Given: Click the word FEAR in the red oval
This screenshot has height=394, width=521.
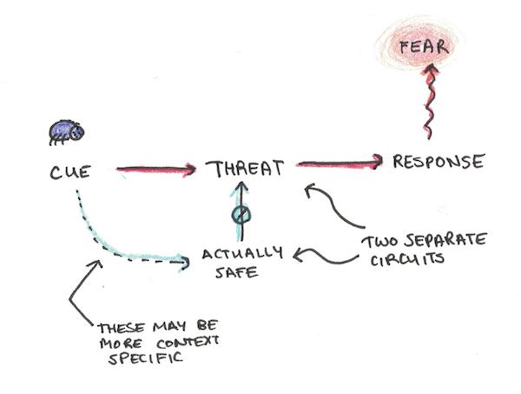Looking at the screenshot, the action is click(x=424, y=47).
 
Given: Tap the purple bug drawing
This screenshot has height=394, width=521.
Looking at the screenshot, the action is click(x=66, y=132).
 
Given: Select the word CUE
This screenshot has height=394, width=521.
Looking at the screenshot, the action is click(x=70, y=172).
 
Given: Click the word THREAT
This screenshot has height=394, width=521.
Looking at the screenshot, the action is click(x=245, y=169).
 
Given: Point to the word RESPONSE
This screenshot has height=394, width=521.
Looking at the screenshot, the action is click(x=439, y=162).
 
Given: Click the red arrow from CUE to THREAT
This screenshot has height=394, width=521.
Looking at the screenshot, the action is click(x=156, y=170).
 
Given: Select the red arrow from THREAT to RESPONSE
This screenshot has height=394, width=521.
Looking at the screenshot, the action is click(x=339, y=163).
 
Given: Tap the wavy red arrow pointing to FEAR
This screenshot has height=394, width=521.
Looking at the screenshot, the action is click(x=429, y=100).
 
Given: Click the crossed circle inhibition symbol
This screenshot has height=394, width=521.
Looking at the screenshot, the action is click(x=241, y=215).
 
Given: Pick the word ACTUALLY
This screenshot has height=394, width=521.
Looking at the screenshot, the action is click(x=242, y=254).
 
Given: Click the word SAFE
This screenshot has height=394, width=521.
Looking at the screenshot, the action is click(x=236, y=272).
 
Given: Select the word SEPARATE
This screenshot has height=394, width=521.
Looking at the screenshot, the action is click(x=445, y=240).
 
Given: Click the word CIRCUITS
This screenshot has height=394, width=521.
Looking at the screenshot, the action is click(x=407, y=259).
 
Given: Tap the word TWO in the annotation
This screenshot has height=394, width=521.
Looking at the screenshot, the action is click(x=381, y=242).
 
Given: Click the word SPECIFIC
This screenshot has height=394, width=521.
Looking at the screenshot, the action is click(x=146, y=358).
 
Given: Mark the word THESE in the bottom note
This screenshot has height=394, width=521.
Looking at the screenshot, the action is click(x=122, y=328).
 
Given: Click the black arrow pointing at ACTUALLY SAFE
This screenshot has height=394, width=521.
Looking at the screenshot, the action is click(x=326, y=257).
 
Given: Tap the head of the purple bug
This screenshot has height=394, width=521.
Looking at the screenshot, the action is click(x=77, y=132).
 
